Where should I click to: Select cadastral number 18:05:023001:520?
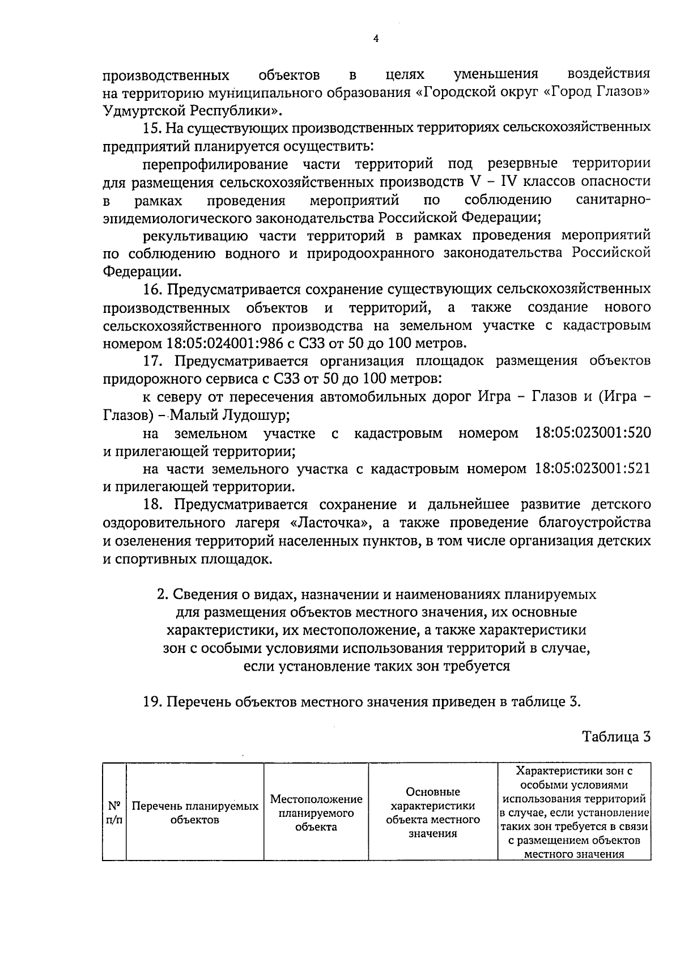[593, 434]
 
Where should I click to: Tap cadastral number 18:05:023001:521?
[592, 469]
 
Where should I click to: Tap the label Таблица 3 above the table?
[616, 738]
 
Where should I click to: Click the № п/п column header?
[114, 812]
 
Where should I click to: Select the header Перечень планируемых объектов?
[195, 812]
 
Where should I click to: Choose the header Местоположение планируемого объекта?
[316, 812]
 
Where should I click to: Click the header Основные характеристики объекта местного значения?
[433, 812]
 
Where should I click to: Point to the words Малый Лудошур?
[230, 416]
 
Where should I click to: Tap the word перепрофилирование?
[215, 164]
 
